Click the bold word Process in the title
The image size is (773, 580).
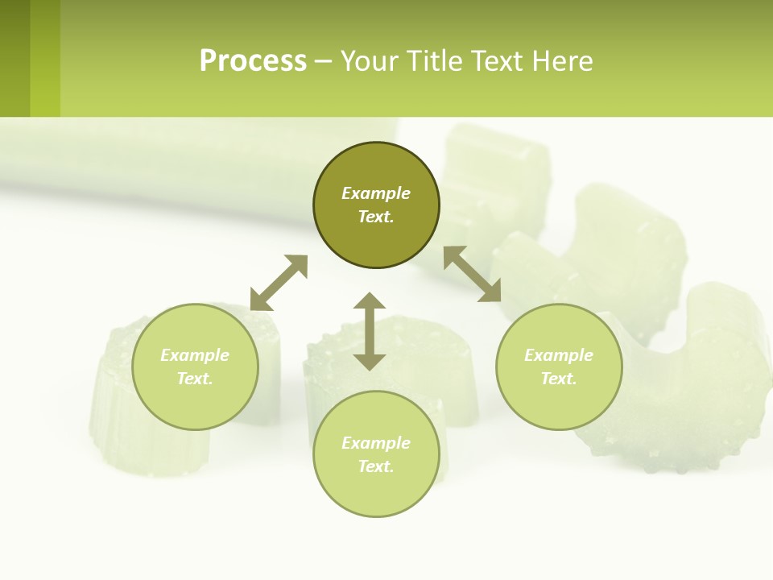(x=253, y=60)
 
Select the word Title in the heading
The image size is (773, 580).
(x=437, y=60)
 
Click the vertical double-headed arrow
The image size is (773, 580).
(x=370, y=331)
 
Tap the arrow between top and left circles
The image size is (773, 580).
(x=279, y=283)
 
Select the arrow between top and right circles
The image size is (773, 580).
(x=472, y=274)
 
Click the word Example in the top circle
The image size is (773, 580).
(x=376, y=193)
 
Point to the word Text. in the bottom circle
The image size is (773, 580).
(x=376, y=466)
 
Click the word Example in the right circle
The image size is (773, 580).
(x=559, y=355)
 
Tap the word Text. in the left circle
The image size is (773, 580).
(x=195, y=379)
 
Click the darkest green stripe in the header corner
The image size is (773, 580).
(x=14, y=58)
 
